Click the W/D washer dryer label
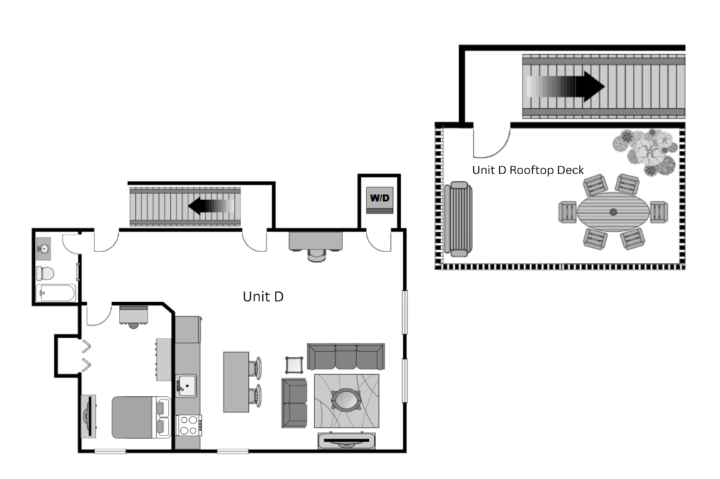click(x=380, y=198)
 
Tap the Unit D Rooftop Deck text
click(x=528, y=170)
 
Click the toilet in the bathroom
click(x=45, y=273)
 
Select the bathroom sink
click(x=44, y=249)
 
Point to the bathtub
click(x=56, y=293)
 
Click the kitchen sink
click(x=186, y=386)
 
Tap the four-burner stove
click(x=188, y=426)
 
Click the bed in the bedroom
click(x=141, y=417)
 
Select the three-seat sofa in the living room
click(x=346, y=356)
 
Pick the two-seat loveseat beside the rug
click(x=295, y=403)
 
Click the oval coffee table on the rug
click(x=347, y=400)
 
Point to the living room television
click(x=347, y=441)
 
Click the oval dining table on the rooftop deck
click(x=613, y=211)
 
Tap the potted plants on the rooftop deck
click(x=645, y=152)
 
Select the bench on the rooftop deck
click(x=458, y=219)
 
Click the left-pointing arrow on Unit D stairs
click(x=211, y=206)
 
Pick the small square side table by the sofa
click(x=294, y=365)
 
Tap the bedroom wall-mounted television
click(x=88, y=416)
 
